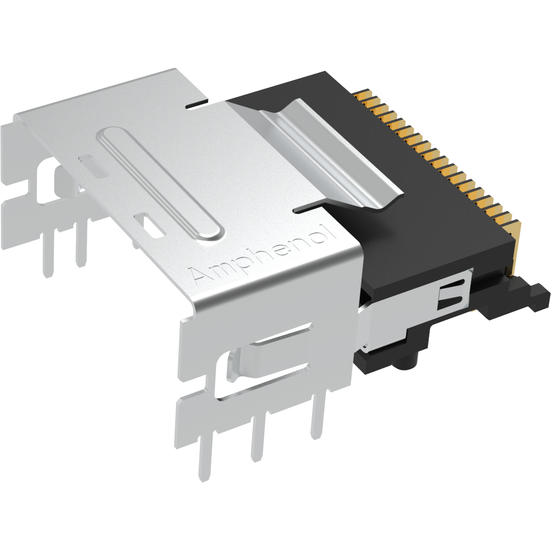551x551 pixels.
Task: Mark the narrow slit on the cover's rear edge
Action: point(197,103)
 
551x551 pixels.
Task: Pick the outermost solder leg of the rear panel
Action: point(48,252)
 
